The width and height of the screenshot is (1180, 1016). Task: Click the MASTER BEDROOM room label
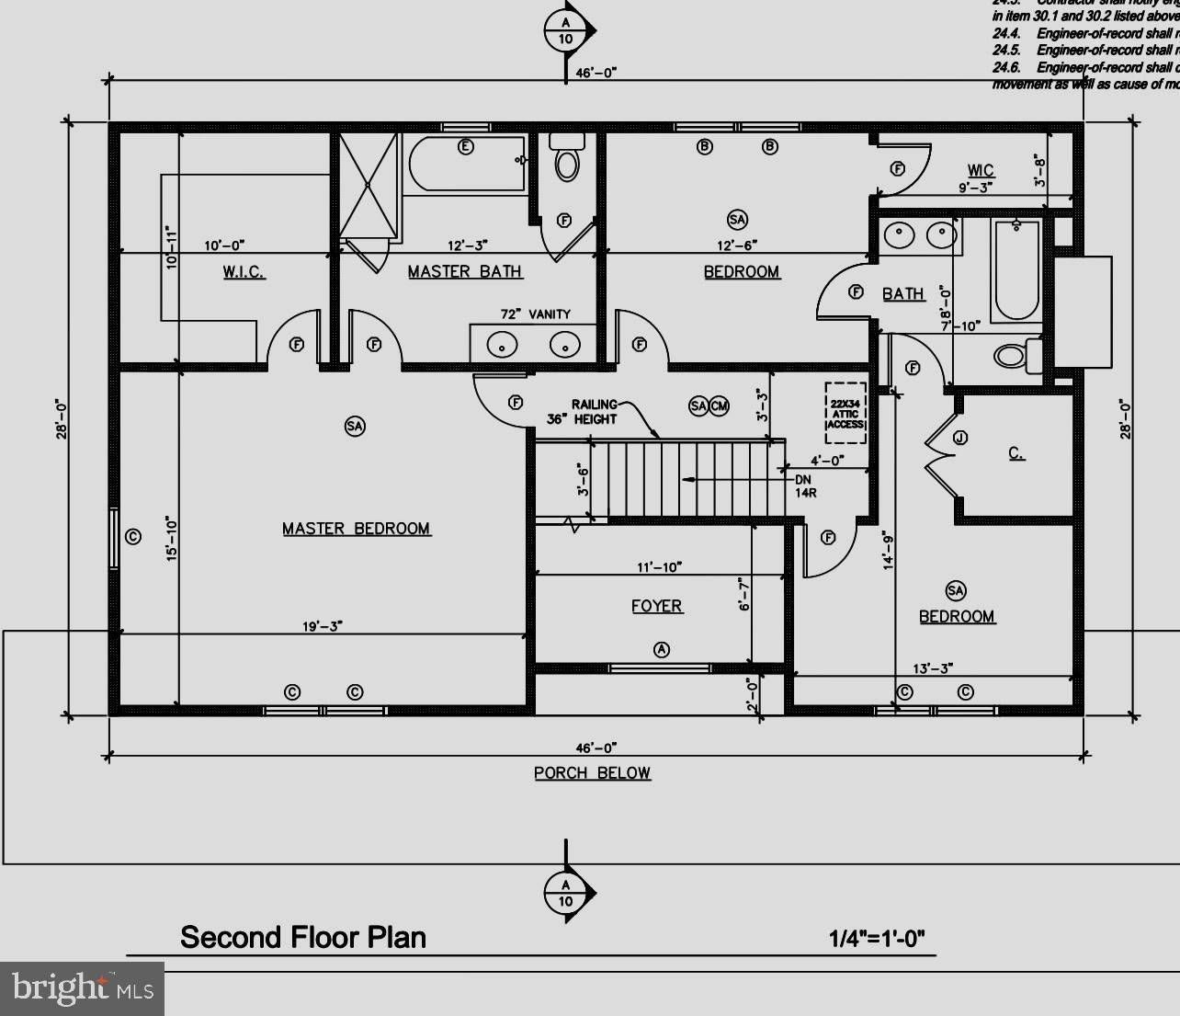(x=356, y=529)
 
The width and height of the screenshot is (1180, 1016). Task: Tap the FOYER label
(x=656, y=606)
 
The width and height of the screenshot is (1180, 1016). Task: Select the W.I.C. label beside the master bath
(x=244, y=272)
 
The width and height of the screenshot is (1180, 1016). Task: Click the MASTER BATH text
(x=465, y=271)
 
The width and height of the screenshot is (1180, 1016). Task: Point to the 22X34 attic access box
(x=845, y=413)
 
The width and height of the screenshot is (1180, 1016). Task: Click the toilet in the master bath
(x=567, y=158)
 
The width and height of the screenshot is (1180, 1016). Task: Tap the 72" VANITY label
(x=535, y=314)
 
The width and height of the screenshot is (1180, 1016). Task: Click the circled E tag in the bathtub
(x=466, y=147)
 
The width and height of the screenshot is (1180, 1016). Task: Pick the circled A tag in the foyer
(x=661, y=649)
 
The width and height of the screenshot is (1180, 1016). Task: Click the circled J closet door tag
(x=959, y=438)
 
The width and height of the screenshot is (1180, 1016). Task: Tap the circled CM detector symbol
(x=719, y=406)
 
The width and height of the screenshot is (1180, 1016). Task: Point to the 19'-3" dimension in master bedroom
(x=323, y=626)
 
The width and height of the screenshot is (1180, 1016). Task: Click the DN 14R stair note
(x=805, y=485)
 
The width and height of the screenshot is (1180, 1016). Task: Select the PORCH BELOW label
(x=592, y=773)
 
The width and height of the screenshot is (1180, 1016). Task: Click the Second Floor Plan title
(x=303, y=938)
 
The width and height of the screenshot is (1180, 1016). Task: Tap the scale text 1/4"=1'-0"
(x=877, y=939)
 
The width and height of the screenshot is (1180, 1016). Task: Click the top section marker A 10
(x=566, y=30)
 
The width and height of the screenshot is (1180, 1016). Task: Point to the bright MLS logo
(x=83, y=989)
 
